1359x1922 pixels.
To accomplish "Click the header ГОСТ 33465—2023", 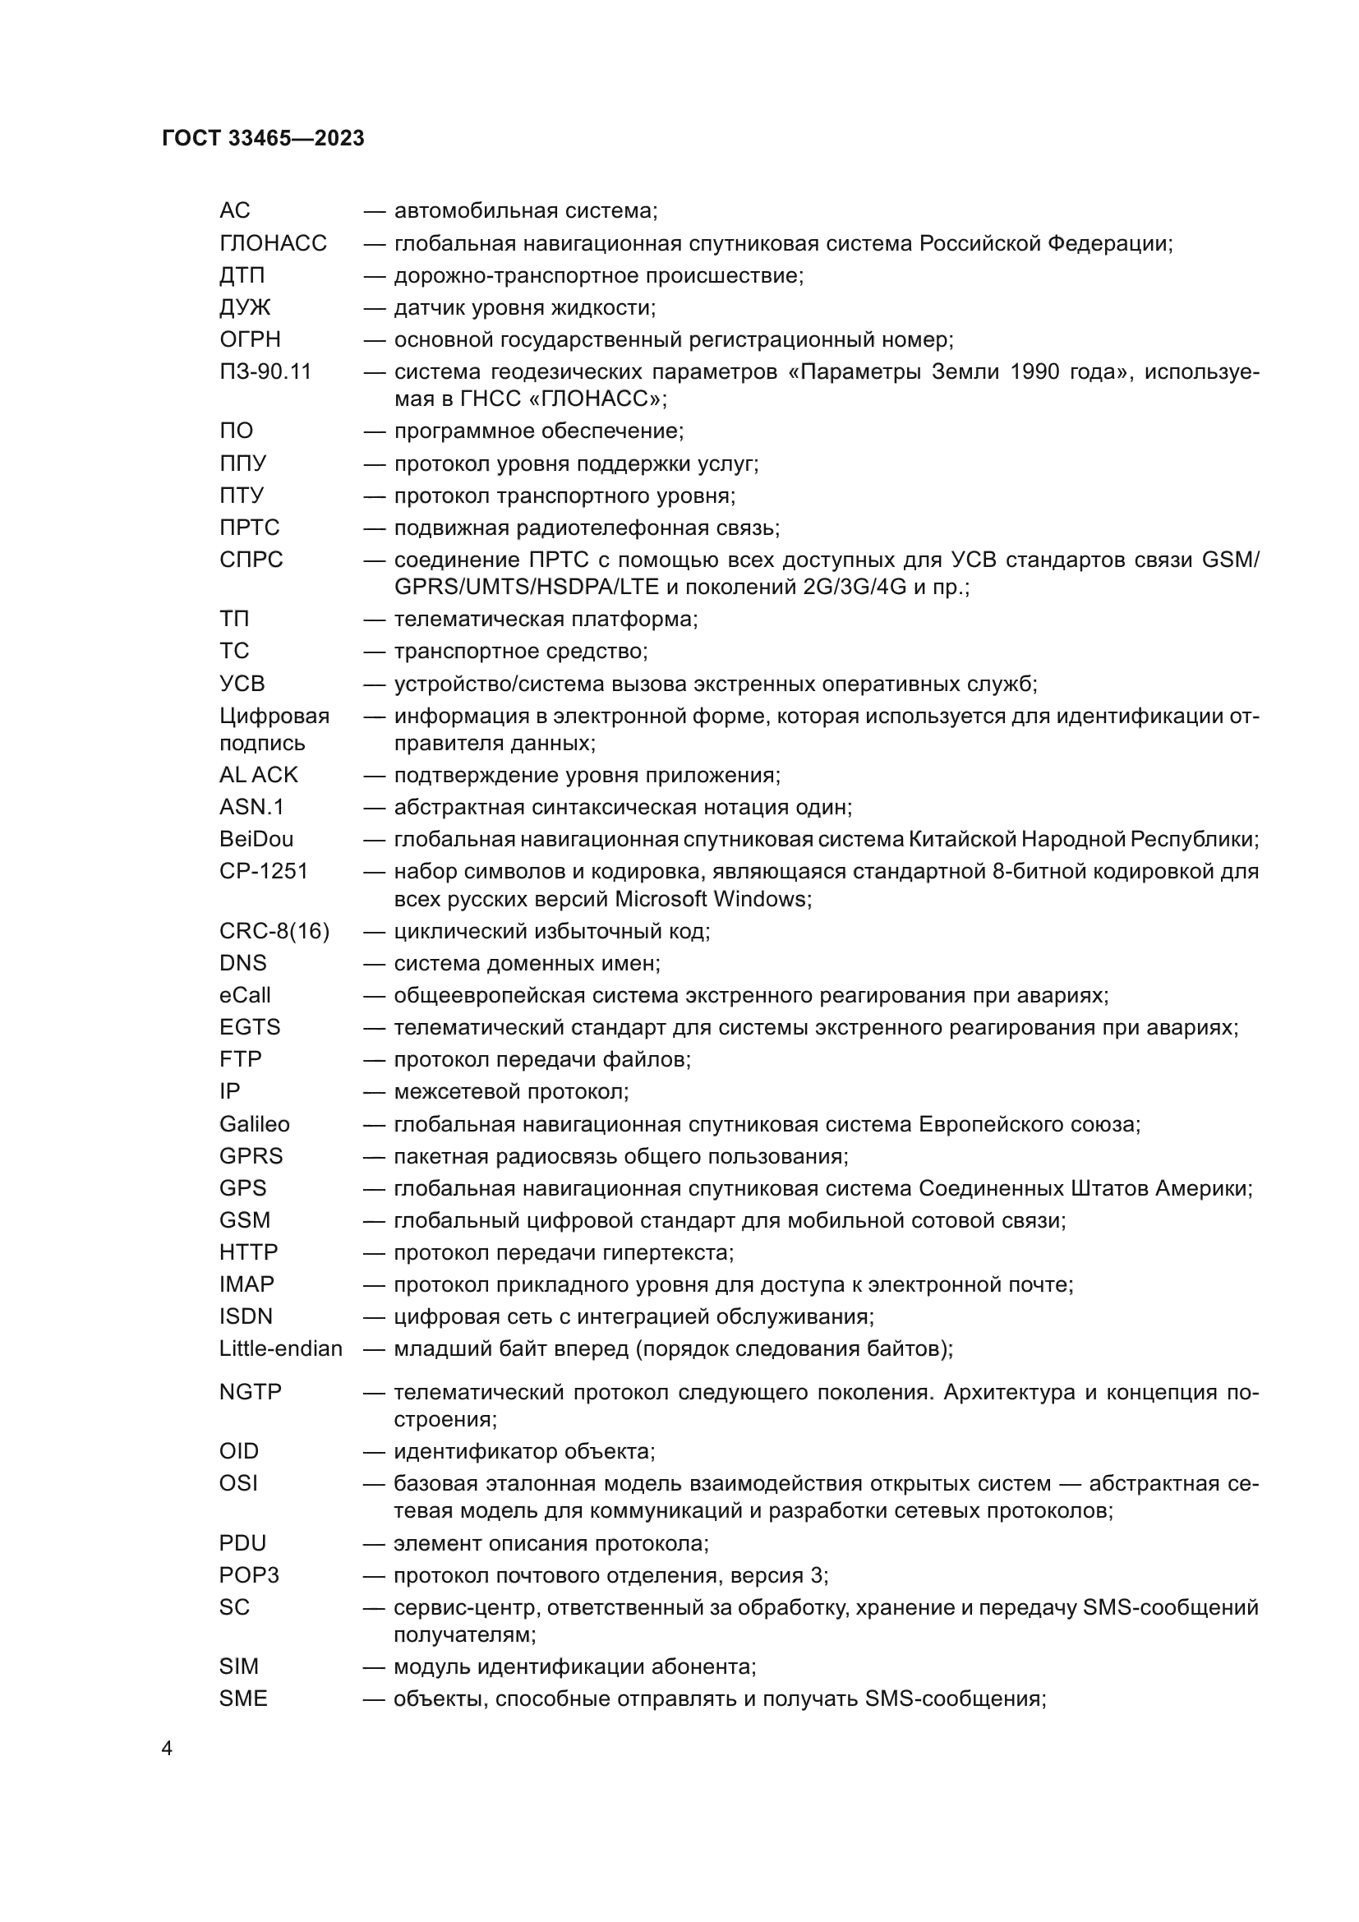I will (x=263, y=138).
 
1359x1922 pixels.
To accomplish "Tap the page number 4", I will (x=167, y=1749).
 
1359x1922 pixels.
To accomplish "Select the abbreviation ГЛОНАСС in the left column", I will (x=273, y=243).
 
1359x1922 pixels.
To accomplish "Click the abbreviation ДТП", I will (x=242, y=275).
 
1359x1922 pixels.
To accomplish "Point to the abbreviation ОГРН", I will (x=251, y=340).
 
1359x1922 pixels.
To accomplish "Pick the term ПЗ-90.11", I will (x=265, y=371).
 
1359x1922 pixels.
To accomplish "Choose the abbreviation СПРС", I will (x=251, y=560).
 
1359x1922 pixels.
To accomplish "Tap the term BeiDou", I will (x=256, y=839).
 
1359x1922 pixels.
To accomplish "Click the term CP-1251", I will (x=264, y=870).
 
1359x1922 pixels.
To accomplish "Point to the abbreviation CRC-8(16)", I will (x=274, y=931).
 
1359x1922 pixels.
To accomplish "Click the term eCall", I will (x=245, y=995).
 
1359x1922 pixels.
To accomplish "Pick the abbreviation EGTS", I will (x=250, y=1027).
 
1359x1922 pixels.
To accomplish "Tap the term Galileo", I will (x=255, y=1124).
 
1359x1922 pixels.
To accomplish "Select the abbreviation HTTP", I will (x=248, y=1252).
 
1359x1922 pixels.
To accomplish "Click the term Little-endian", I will (x=281, y=1348).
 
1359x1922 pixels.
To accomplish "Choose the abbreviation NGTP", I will (x=251, y=1392).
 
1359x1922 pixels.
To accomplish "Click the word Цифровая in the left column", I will (x=274, y=716).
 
